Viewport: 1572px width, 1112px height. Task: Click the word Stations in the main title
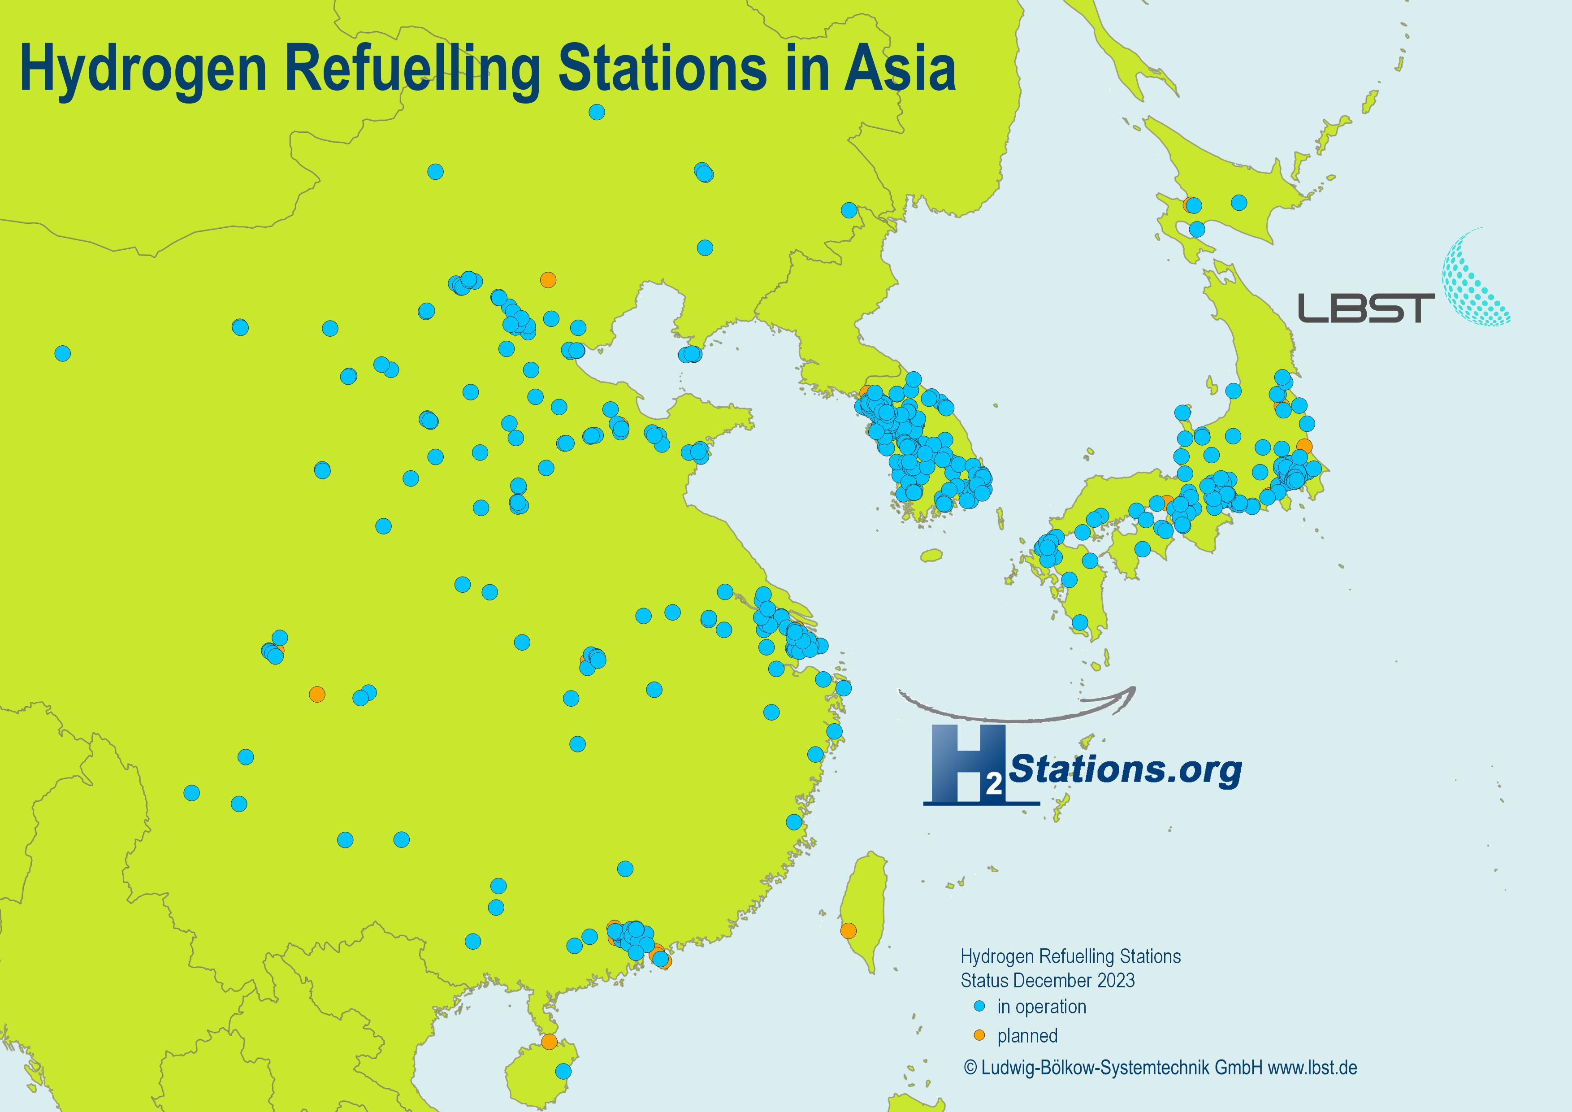coord(663,69)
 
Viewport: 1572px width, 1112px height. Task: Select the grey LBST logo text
coord(1366,308)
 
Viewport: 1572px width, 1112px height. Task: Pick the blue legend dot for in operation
coord(979,1007)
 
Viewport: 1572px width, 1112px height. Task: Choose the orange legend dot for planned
coord(979,1035)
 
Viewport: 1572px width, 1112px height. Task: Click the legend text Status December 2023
coord(1048,981)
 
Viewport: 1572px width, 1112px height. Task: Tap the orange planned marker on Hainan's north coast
coord(548,1042)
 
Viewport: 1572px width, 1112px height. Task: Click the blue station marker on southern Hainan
coord(563,1070)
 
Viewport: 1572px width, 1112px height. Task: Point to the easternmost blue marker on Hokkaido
coord(1239,202)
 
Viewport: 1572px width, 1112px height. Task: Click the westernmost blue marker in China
coord(62,353)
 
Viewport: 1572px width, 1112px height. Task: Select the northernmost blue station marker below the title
coord(596,112)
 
